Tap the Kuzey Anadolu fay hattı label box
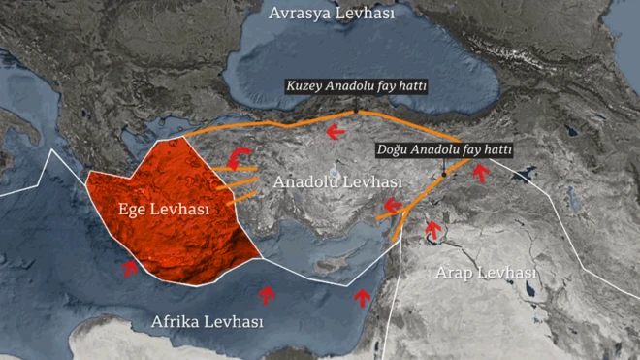357,86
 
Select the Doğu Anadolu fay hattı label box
443,151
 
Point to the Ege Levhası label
163,209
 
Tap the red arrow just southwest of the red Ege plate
130,268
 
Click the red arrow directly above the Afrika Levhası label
268,294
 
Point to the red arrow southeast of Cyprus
362,296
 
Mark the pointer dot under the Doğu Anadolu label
443,177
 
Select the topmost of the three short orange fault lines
234,168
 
